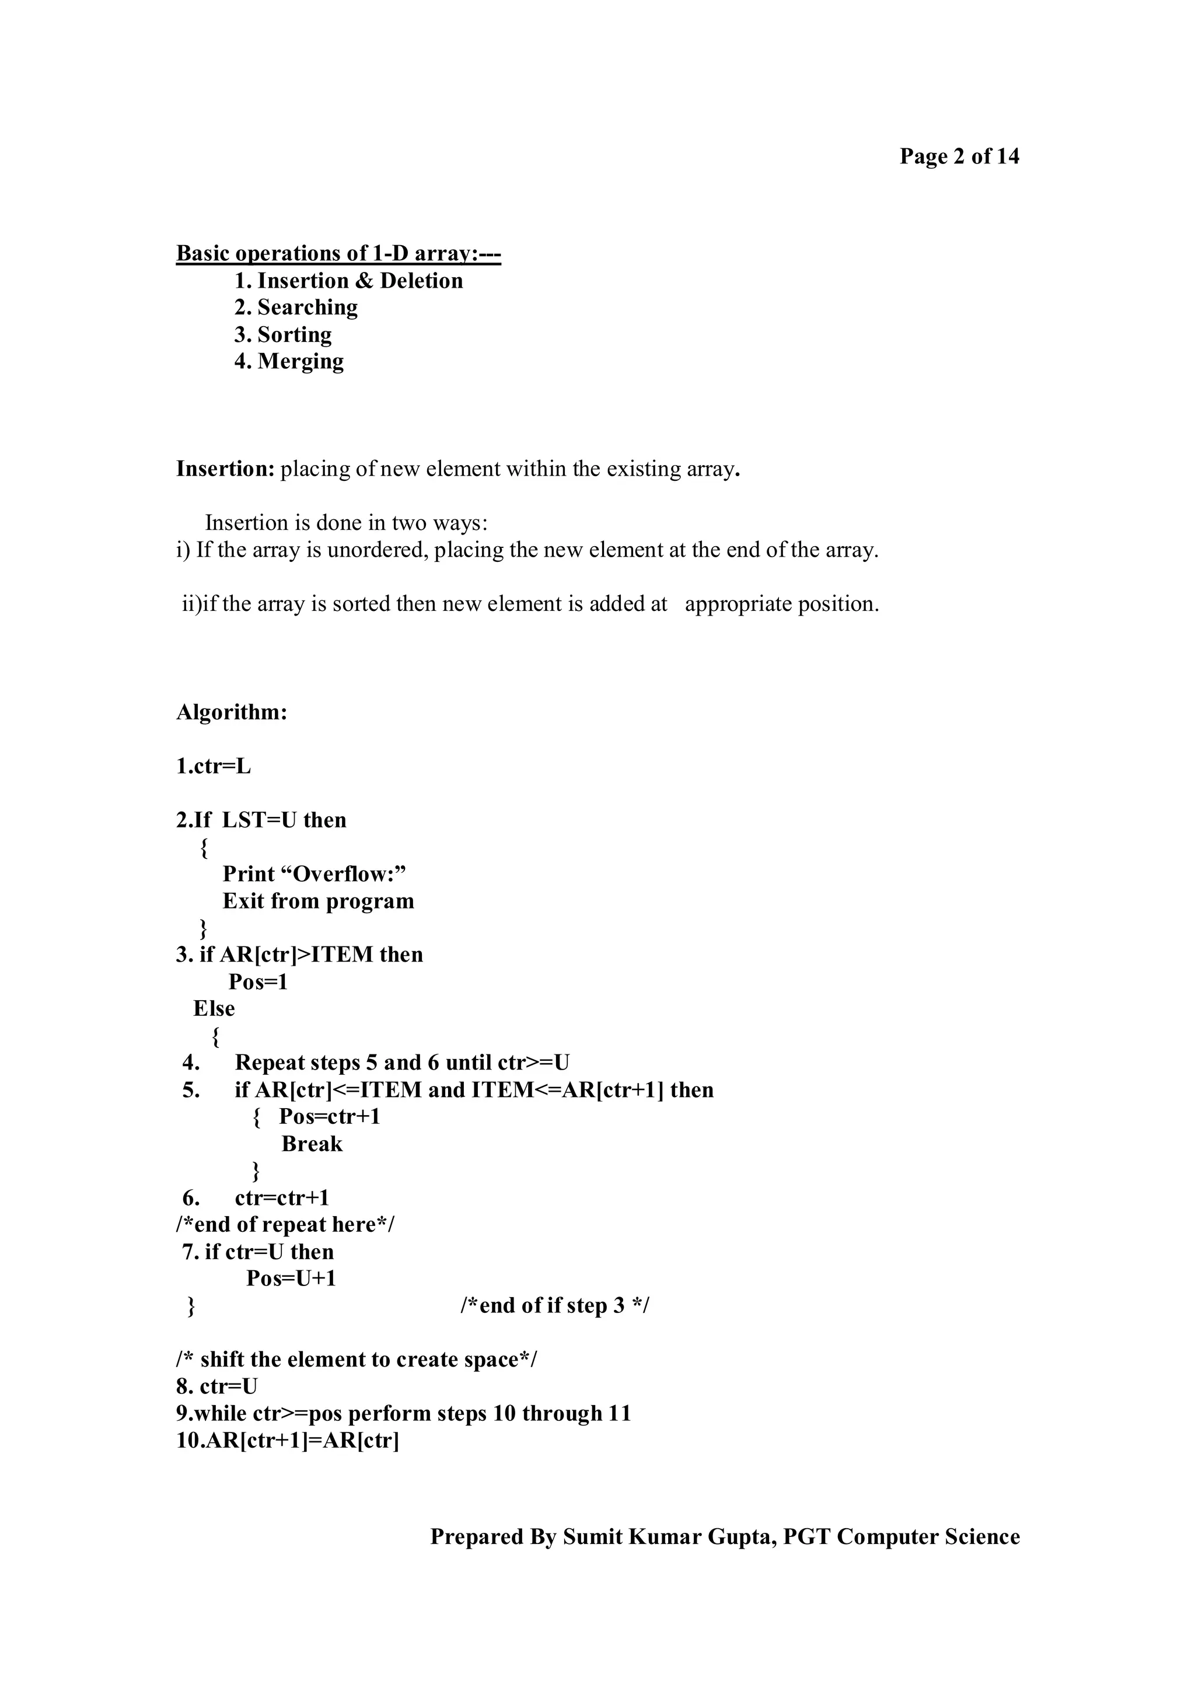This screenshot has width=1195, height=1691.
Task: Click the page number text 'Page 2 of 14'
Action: (x=959, y=156)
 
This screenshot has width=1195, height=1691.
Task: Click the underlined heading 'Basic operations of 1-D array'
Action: (x=338, y=253)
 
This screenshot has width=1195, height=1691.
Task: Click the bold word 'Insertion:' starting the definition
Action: (x=225, y=469)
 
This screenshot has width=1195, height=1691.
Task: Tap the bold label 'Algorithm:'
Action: (x=231, y=712)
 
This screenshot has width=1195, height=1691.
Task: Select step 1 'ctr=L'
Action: (x=214, y=766)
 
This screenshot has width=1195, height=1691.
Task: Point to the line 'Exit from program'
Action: (x=318, y=901)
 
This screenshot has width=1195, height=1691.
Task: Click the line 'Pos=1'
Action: (x=258, y=982)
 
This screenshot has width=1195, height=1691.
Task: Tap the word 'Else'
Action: (x=214, y=1008)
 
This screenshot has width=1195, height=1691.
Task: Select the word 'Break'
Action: (x=312, y=1144)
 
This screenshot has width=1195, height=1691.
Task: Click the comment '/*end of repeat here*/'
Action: (x=285, y=1224)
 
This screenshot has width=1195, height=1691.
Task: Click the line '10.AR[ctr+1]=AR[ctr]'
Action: (x=287, y=1441)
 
